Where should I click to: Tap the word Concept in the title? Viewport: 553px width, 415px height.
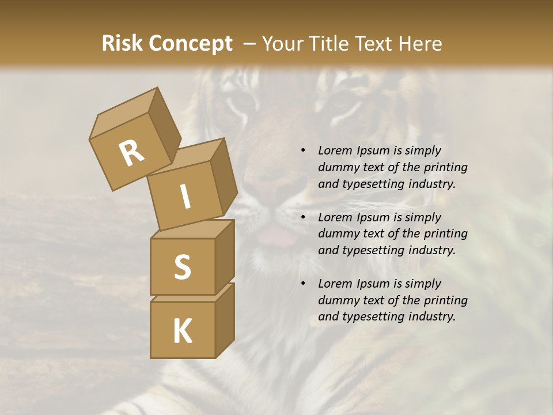click(x=191, y=44)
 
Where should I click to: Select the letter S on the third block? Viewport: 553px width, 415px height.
click(x=182, y=267)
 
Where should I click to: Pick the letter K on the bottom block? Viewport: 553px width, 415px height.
click(x=182, y=331)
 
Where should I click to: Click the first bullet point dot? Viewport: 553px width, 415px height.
click(x=303, y=151)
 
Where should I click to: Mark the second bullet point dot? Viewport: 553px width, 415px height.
click(x=303, y=218)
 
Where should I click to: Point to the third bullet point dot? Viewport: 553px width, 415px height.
click(x=303, y=284)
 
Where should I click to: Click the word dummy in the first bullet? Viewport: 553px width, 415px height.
click(x=336, y=168)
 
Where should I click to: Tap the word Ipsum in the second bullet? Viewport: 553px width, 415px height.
click(x=373, y=218)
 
